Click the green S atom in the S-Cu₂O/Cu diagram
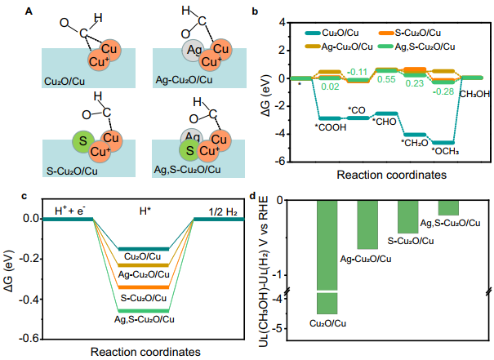[83, 141]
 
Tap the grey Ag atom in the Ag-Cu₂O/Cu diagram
[193, 50]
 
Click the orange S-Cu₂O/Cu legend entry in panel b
[410, 33]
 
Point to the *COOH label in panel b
[331, 127]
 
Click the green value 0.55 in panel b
[386, 79]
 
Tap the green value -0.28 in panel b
[443, 91]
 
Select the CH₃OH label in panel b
[474, 94]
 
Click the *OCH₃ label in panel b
[445, 152]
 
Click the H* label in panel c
[145, 211]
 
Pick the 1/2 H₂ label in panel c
[223, 212]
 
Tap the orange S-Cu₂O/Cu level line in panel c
[144, 287]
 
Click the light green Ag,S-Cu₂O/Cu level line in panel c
[144, 311]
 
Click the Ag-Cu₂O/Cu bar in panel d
[367, 224]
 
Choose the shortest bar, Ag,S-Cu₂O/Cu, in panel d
[448, 208]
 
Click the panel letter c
[24, 196]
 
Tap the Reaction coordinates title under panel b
[392, 175]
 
